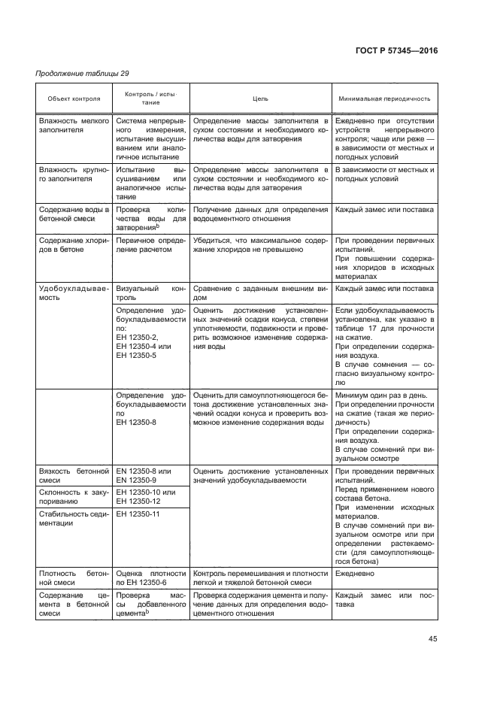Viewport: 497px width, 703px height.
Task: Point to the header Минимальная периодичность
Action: pyautogui.click(x=384, y=98)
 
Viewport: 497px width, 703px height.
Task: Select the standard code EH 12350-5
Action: pyautogui.click(x=138, y=355)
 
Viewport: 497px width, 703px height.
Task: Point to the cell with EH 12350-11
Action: pyautogui.click(x=141, y=514)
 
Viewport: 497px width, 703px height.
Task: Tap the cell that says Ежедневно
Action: pyautogui.click(x=356, y=573)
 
